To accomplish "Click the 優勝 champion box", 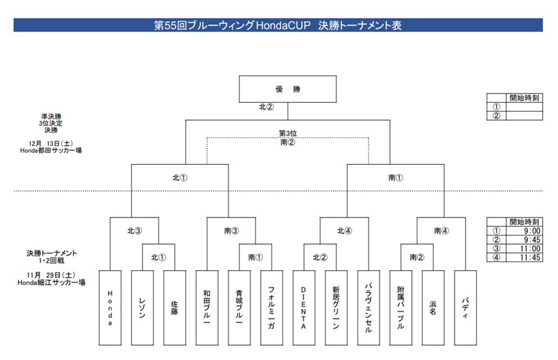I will pos(287,89).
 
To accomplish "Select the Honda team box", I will pos(110,308).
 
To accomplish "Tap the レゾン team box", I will pos(143,308).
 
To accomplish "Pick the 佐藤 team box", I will pos(175,308).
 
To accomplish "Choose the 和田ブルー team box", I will pos(207,308).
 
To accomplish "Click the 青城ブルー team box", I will pos(239,308).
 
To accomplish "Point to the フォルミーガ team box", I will pos(272,308).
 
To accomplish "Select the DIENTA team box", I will pos(304,308).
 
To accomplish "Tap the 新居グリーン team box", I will pos(336,308).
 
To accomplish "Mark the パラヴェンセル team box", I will pos(368,308).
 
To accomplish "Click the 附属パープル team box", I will pos(401,308).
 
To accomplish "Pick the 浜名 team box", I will pos(433,308).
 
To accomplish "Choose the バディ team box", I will pos(465,308).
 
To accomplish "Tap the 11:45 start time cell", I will pos(524,258).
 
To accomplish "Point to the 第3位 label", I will pos(288,133).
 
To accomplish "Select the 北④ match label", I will pos(345,230).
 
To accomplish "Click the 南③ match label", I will pos(231,230).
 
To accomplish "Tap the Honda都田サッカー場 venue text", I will pos(51,151).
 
